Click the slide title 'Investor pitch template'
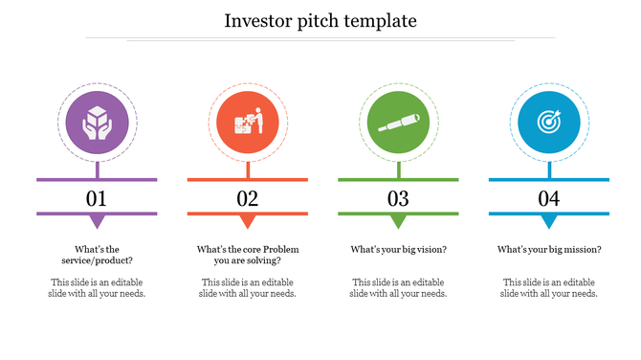coord(320,20)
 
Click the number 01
coord(97,199)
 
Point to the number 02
coord(248,199)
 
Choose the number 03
coord(398,199)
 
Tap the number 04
coord(549,199)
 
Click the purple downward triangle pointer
coord(97,222)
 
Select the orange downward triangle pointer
coord(248,222)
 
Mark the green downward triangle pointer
coord(398,222)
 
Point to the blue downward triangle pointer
coord(549,222)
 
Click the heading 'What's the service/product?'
coord(97,255)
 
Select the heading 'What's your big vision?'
coord(398,250)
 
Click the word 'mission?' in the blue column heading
coord(583,250)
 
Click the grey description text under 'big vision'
coord(398,287)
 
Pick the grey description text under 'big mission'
coord(549,287)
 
